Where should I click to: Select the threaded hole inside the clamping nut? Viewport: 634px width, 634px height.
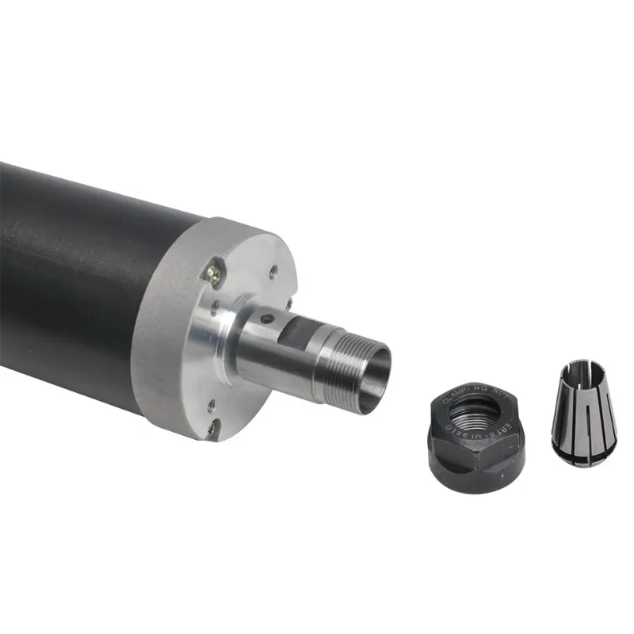pyautogui.click(x=476, y=413)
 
